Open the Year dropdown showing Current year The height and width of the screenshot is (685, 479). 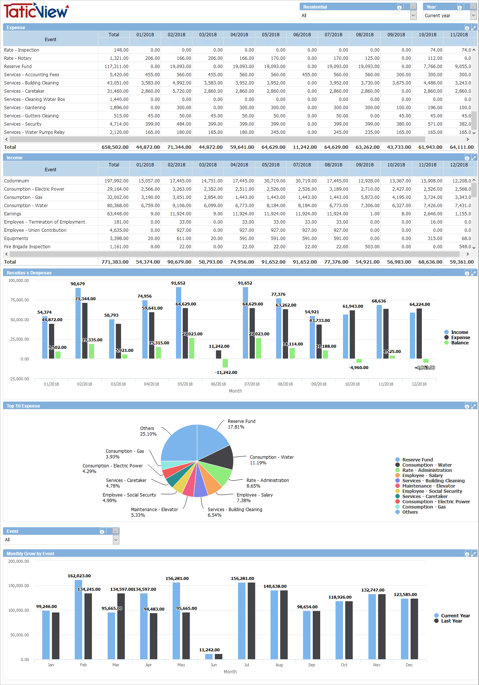[x=473, y=15]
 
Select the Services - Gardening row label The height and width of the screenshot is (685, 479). [x=25, y=108]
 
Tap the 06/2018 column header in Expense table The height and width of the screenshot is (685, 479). [x=302, y=35]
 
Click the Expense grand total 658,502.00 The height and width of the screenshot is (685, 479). [x=115, y=147]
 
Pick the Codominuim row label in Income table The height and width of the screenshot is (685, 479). [x=16, y=181]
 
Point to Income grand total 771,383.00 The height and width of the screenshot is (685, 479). [x=115, y=262]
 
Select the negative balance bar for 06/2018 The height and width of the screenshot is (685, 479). [x=225, y=363]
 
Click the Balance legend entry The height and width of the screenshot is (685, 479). [x=460, y=343]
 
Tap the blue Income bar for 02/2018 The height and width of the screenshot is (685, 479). [x=78, y=323]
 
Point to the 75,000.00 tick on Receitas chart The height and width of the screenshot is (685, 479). [x=19, y=300]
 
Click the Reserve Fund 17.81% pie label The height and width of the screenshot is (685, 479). [x=241, y=424]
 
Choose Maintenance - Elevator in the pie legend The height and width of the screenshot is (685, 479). [x=428, y=486]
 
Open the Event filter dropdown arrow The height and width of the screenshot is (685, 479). [x=116, y=540]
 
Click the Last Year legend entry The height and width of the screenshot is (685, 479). [x=451, y=621]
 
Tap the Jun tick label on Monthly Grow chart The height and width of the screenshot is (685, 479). [x=214, y=665]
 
